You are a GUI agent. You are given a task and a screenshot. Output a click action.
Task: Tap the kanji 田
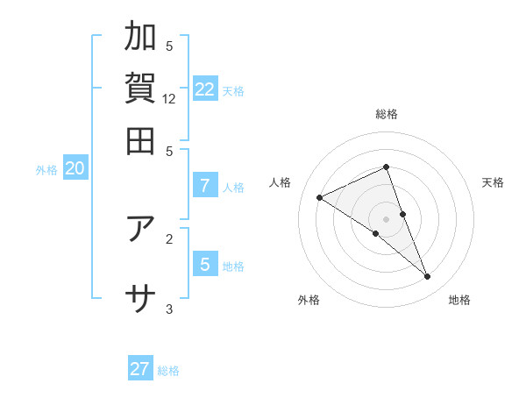point(140,140)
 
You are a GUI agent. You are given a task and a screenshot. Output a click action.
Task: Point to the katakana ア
point(140,228)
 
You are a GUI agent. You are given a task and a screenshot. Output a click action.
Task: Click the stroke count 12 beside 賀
point(170,99)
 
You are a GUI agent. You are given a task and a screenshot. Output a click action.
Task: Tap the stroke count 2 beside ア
point(170,238)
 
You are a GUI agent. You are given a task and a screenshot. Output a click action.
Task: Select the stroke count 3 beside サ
point(170,309)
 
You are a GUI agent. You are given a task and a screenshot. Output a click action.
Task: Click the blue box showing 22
point(205,89)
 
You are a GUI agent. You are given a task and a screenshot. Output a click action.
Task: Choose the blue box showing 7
point(205,186)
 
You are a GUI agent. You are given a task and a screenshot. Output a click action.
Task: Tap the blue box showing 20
point(75,169)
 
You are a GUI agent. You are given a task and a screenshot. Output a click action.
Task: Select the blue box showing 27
point(140,369)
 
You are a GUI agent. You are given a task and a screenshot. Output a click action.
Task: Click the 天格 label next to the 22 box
point(233,91)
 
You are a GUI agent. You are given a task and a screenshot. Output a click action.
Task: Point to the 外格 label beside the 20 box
point(46,171)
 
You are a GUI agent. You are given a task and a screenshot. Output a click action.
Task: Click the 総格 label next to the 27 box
point(168,371)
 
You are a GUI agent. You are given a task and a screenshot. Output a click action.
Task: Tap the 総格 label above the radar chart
point(386,115)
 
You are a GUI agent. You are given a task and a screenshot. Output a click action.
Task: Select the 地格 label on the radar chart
point(459,301)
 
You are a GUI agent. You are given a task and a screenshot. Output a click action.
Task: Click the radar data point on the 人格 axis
point(320,198)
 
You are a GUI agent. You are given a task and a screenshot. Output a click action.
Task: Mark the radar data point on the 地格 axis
point(428,277)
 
